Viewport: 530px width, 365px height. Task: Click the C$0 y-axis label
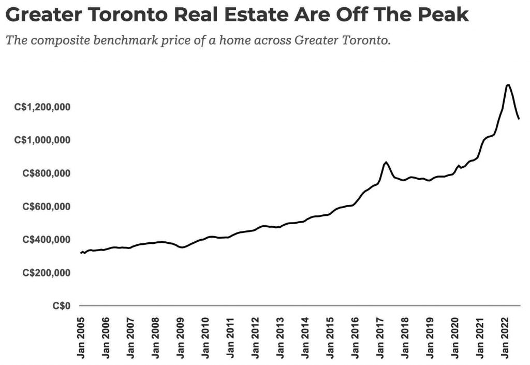tap(62, 306)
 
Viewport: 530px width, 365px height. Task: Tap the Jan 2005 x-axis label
tap(81, 337)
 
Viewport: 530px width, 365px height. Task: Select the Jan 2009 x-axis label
tap(182, 337)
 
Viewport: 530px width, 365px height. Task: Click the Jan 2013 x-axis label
tap(282, 337)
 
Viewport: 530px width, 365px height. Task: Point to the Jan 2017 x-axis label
tap(381, 337)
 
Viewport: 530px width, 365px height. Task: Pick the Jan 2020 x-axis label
tap(457, 337)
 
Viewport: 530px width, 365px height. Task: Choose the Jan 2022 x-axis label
tap(506, 337)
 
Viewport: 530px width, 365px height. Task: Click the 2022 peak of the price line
tap(508, 85)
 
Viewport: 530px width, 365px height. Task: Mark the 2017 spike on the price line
tap(386, 162)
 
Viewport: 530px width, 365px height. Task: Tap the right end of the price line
tap(519, 119)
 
